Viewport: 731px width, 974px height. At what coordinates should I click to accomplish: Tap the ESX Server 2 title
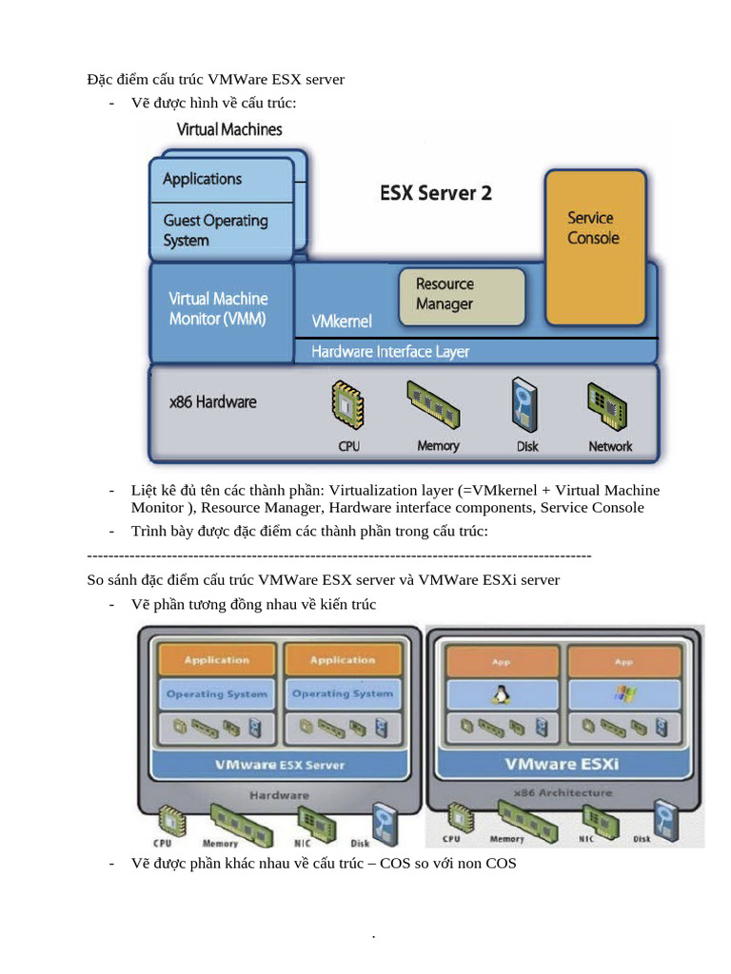coord(436,193)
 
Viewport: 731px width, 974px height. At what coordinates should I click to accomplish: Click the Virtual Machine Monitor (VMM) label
coord(218,309)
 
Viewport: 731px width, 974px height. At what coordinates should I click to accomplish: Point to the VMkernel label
coord(342,321)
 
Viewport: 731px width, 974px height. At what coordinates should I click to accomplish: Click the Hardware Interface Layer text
coord(390,352)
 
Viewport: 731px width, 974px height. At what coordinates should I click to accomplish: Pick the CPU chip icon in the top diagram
coord(348,405)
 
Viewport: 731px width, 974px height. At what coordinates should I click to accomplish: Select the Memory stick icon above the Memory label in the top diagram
coord(436,405)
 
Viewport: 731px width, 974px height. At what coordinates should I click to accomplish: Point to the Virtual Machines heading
coord(229,129)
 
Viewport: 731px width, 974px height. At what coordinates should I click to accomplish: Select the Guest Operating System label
coord(215,230)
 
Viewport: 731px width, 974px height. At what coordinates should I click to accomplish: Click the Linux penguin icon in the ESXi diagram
coord(499,694)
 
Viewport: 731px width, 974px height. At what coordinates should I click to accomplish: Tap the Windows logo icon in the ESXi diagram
coord(623,694)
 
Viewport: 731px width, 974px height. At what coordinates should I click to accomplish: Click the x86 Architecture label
coord(563,792)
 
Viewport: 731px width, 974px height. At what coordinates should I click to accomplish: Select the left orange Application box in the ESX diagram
coord(217,660)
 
